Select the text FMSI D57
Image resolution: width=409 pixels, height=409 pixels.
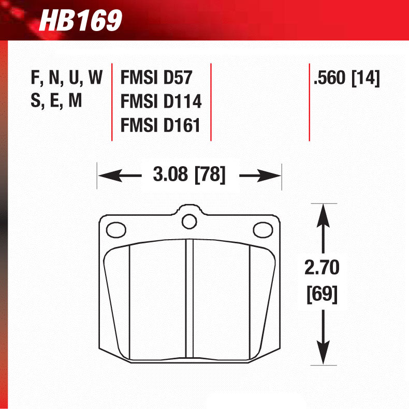click(156, 78)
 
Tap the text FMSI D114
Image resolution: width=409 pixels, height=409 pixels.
click(160, 101)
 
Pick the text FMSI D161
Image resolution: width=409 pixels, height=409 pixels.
click(160, 125)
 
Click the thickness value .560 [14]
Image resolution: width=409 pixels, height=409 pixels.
click(346, 78)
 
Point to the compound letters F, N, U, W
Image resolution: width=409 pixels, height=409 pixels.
click(67, 78)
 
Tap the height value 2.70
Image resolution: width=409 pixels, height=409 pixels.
click(322, 269)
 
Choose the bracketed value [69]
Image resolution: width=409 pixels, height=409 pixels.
click(322, 294)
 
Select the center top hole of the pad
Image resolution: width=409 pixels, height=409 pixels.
click(189, 222)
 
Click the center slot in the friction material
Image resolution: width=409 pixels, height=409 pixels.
click(189, 300)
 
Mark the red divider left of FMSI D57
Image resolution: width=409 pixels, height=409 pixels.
click(112, 101)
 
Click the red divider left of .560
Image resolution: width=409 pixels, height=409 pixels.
click(309, 101)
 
